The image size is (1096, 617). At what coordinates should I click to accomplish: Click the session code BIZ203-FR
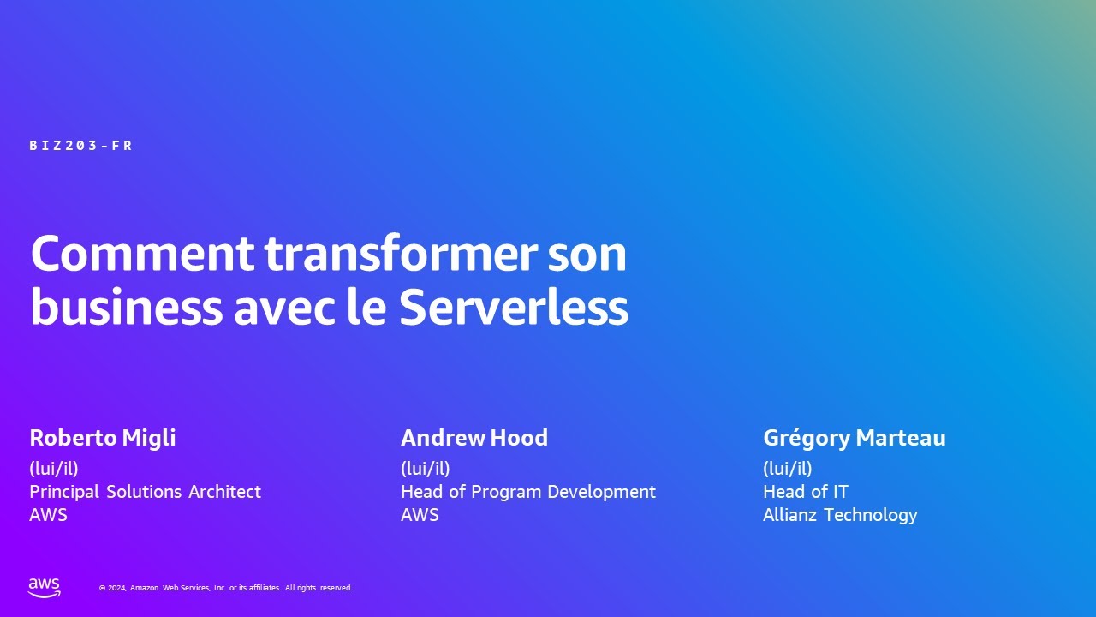coord(81,146)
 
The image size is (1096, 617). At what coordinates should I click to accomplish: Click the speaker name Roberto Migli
coord(103,438)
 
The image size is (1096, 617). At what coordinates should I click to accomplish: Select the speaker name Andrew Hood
coord(474,438)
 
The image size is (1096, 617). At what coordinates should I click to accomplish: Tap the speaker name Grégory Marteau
coord(854,438)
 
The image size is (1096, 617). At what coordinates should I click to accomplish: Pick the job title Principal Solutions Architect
coord(145,492)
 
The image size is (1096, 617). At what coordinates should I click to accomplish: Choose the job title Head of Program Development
coord(527,492)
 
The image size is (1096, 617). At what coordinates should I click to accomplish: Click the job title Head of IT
coord(805,492)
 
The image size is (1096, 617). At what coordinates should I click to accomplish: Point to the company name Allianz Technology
coord(839,515)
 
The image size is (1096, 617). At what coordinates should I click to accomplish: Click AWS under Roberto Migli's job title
coord(48,515)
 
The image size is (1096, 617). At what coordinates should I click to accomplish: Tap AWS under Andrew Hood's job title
coord(420,515)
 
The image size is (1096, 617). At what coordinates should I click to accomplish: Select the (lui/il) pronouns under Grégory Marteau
coord(787,469)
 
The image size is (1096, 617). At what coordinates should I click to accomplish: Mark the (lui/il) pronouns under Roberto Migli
coord(54,469)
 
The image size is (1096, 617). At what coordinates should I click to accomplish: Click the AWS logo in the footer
coord(45,587)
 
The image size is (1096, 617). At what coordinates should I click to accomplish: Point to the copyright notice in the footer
coord(225,588)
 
